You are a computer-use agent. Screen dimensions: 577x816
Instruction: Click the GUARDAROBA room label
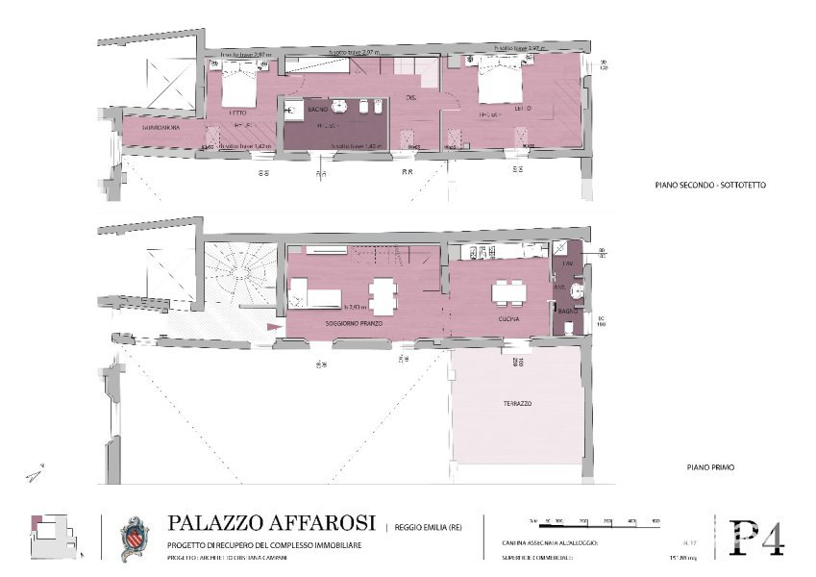pyautogui.click(x=155, y=127)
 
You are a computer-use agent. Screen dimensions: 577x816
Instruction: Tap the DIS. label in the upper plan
pyautogui.click(x=410, y=97)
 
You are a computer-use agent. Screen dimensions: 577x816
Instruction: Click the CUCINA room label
pyautogui.click(x=508, y=318)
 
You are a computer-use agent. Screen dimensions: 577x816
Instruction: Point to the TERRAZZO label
pyautogui.click(x=516, y=404)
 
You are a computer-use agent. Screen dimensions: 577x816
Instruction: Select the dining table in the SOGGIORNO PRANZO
pyautogui.click(x=383, y=295)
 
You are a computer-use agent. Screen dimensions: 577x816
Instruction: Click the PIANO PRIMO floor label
pyautogui.click(x=710, y=467)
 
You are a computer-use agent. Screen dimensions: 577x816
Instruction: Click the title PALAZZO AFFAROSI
pyautogui.click(x=271, y=523)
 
